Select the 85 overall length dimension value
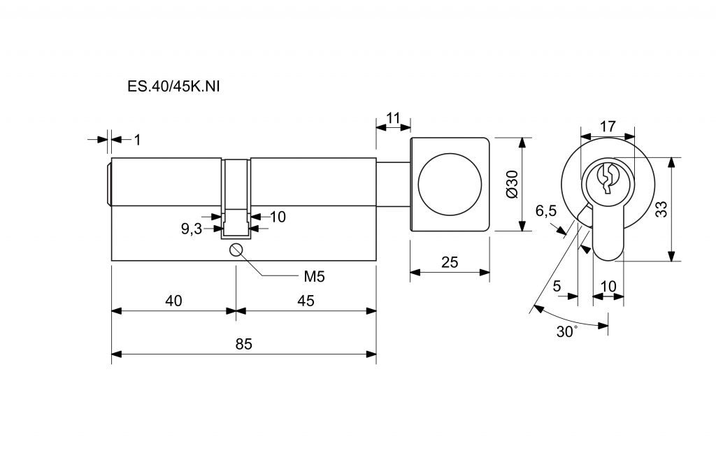[243, 344]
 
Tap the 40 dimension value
[173, 301]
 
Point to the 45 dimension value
[306, 301]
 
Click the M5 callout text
[314, 276]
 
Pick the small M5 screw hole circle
[236, 250]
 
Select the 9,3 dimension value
[191, 229]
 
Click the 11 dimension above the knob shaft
[393, 117]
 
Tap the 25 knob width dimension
[450, 262]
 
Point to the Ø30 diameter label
[511, 184]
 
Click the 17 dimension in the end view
[608, 127]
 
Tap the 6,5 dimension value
[545, 210]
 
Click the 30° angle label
[567, 331]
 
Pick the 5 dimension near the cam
[557, 286]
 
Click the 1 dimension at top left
[137, 140]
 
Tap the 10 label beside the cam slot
[278, 217]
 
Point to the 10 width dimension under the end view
[608, 286]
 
